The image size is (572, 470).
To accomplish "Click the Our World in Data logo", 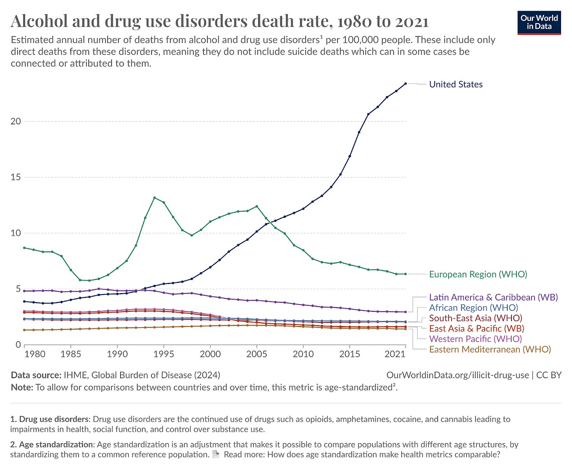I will pos(539,22).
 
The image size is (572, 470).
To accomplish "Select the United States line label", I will pos(456,84).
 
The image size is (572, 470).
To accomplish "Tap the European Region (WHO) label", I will pos(478,274).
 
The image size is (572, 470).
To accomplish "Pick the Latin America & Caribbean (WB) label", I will pos(493,297).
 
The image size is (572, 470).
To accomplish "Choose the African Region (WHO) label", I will pos(473,308).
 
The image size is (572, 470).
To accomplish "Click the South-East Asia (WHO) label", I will pos(475,318).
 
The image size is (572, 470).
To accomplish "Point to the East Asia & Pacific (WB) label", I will pos(477,328).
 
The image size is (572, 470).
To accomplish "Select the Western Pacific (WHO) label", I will pos(475,339).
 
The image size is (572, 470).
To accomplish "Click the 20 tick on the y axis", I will pos(15,121).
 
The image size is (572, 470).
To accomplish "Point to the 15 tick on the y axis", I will pos(15,177).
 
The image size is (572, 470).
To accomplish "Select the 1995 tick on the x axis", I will pos(164,354).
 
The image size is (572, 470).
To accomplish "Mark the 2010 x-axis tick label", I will pos(303,354).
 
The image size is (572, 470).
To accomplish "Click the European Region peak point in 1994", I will pos(154,197).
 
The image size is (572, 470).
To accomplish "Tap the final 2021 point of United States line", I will pos(405,84).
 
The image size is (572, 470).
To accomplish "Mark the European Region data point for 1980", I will pos(24,248).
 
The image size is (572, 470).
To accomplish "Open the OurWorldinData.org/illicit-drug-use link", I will pos(458,375).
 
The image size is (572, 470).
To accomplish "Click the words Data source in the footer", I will pos(36,375).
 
